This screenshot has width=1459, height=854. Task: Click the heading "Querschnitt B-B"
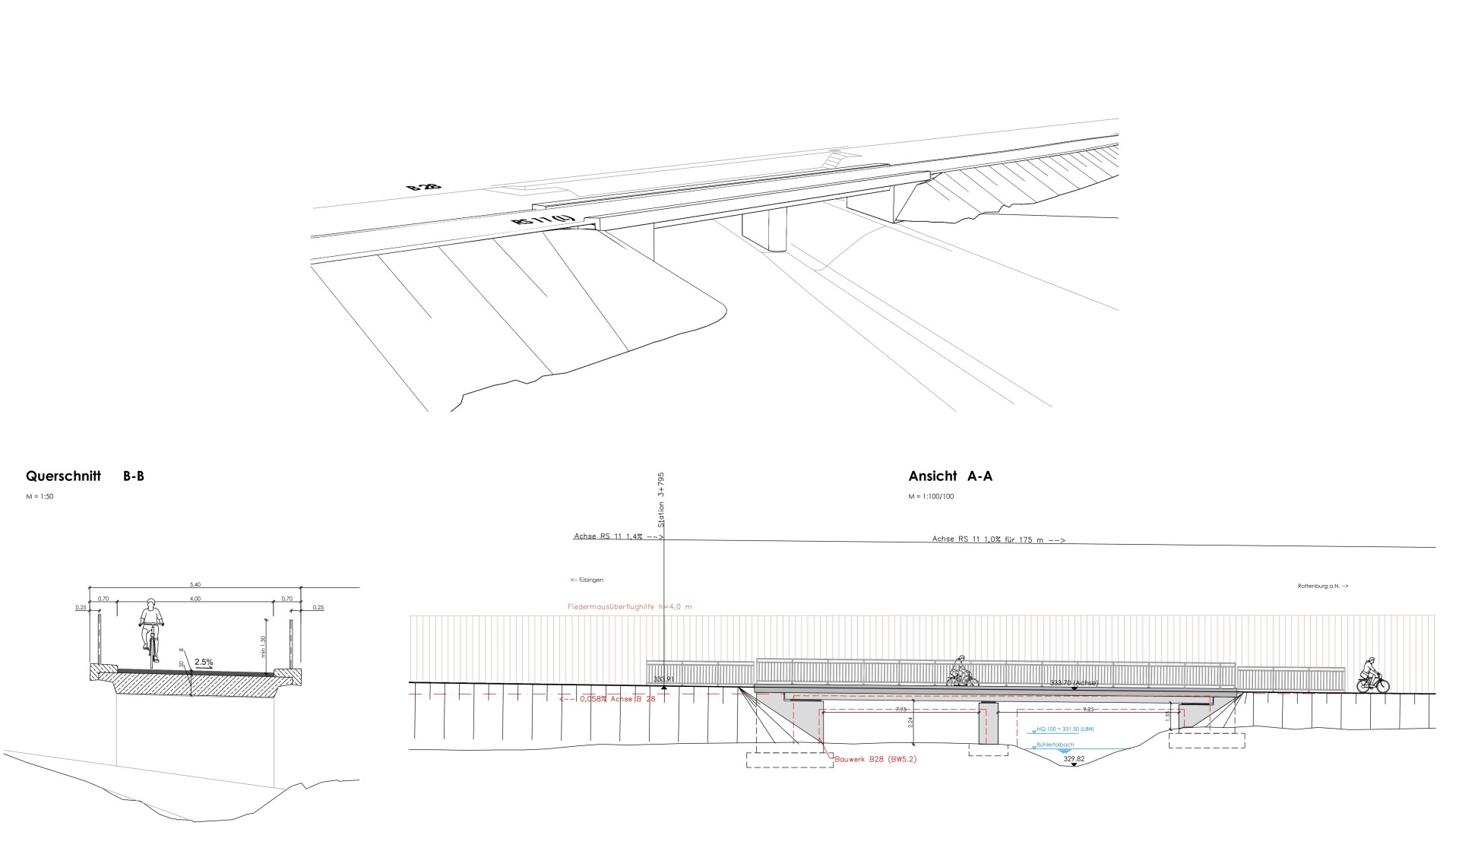tap(84, 476)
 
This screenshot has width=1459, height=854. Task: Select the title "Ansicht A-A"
tap(950, 476)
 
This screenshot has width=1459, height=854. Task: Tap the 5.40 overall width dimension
tap(196, 584)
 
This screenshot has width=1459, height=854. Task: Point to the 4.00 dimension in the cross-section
tap(195, 599)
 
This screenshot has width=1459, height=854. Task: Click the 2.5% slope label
tap(204, 663)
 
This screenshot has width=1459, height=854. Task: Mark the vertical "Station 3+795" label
tap(661, 499)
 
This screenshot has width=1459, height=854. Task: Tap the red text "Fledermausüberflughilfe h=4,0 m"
tap(629, 607)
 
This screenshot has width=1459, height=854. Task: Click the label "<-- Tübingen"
tap(587, 580)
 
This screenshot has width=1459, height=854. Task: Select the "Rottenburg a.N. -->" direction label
tap(1323, 586)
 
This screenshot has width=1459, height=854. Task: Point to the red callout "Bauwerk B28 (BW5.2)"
tap(875, 759)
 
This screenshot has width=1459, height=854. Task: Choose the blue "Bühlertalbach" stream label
tap(1055, 745)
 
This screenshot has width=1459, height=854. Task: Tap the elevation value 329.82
tap(1074, 758)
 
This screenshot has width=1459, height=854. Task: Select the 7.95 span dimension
tap(900, 709)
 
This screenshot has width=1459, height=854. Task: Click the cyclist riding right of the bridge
tap(1372, 676)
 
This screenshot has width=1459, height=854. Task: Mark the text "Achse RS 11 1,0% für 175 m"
tap(998, 539)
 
